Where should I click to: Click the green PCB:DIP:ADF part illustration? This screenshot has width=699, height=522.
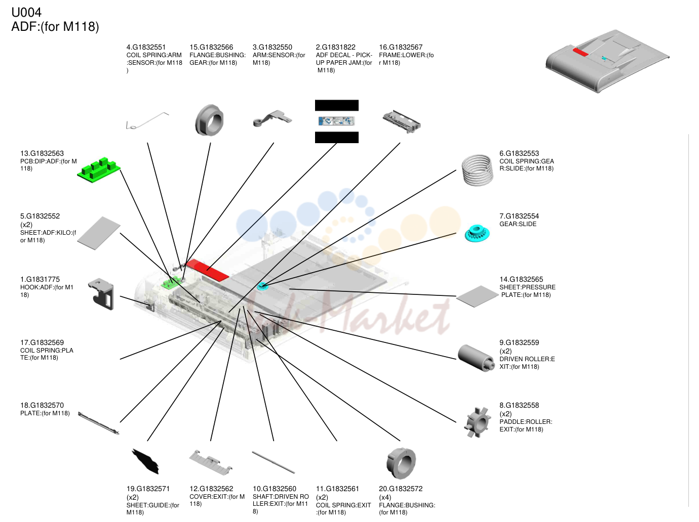point(98,170)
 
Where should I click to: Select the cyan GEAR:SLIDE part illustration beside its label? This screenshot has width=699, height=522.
point(477,233)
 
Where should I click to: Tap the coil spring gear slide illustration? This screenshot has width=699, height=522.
point(477,170)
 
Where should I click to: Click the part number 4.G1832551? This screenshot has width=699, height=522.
point(146,47)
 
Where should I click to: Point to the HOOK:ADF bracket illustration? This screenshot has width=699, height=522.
point(101,294)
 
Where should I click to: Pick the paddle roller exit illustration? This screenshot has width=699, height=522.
point(477,422)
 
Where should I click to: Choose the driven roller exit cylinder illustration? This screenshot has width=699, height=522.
point(476,358)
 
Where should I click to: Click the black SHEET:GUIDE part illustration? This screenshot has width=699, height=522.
point(145,461)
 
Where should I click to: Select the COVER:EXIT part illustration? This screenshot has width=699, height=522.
point(211,462)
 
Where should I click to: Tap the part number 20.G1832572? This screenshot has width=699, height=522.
point(401,489)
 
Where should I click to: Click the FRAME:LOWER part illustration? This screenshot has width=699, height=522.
point(402,122)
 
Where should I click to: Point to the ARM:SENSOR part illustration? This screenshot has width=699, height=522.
point(273,118)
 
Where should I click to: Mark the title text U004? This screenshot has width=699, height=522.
point(26,13)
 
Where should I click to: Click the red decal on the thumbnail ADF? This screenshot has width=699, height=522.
point(580,52)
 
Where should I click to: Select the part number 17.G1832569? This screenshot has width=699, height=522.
point(42,342)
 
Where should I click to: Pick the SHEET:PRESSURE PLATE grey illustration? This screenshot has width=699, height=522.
point(477,296)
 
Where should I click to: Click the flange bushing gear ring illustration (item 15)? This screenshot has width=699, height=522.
point(209,120)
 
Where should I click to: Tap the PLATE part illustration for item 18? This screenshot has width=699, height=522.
point(98,423)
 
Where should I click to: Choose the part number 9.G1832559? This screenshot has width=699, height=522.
point(519,342)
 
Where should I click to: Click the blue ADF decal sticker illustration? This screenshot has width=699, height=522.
point(337,121)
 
